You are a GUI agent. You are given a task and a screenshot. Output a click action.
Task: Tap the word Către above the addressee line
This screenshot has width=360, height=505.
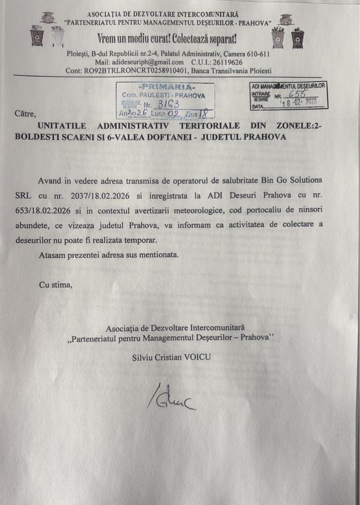[x=25, y=114]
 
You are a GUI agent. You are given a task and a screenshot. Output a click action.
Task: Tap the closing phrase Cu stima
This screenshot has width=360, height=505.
[x=55, y=284]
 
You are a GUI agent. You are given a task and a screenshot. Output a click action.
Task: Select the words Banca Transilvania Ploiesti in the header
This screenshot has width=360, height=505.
[x=233, y=71]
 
